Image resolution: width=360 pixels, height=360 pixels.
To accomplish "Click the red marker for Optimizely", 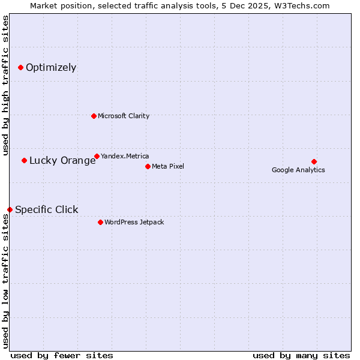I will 20,67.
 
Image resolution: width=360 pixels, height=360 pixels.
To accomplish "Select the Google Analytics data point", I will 314,161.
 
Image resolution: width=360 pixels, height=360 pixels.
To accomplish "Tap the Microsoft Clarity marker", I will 94,116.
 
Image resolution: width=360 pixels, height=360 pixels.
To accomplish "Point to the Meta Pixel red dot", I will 148,166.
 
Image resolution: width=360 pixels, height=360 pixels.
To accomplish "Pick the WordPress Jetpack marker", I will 100,222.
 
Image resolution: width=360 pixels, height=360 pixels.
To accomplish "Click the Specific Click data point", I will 10,209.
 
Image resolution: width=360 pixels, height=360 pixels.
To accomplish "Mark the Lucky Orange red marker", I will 24,160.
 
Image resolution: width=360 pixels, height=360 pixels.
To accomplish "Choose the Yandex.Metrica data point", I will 97,156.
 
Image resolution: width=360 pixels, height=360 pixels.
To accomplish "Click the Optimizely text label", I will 51,67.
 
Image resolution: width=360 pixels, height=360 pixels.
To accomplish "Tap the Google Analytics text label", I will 298,170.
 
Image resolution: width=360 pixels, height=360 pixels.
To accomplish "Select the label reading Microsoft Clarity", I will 124,116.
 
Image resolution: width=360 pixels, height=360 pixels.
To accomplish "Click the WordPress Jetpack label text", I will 134,222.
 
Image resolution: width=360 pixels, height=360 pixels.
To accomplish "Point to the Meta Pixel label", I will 168,166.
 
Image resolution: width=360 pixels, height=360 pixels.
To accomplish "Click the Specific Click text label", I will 46,209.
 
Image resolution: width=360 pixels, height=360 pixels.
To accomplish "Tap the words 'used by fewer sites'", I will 62,355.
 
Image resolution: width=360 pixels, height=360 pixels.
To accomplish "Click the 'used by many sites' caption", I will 301,355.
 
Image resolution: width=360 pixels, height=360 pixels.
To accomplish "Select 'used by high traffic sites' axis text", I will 5,85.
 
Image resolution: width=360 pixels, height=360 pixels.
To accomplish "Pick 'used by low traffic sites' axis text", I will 5,282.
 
